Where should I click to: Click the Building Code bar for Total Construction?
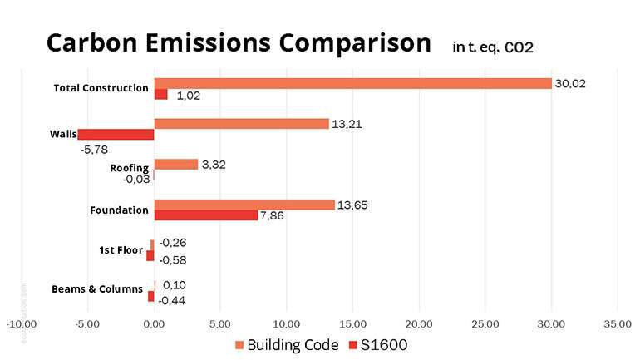[x=353, y=83]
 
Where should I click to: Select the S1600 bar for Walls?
[x=116, y=135]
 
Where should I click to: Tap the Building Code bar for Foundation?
[x=244, y=205]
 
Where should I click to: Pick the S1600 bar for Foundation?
[x=206, y=215]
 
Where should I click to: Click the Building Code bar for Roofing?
[x=176, y=164]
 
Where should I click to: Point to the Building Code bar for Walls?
[x=242, y=124]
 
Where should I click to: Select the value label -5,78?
[x=96, y=149]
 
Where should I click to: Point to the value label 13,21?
[x=348, y=125]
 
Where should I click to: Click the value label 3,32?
[x=214, y=165]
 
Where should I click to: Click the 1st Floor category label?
[x=121, y=249]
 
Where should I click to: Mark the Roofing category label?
[x=130, y=168]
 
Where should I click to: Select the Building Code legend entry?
[x=287, y=344]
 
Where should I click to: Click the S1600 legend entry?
[x=385, y=344]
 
